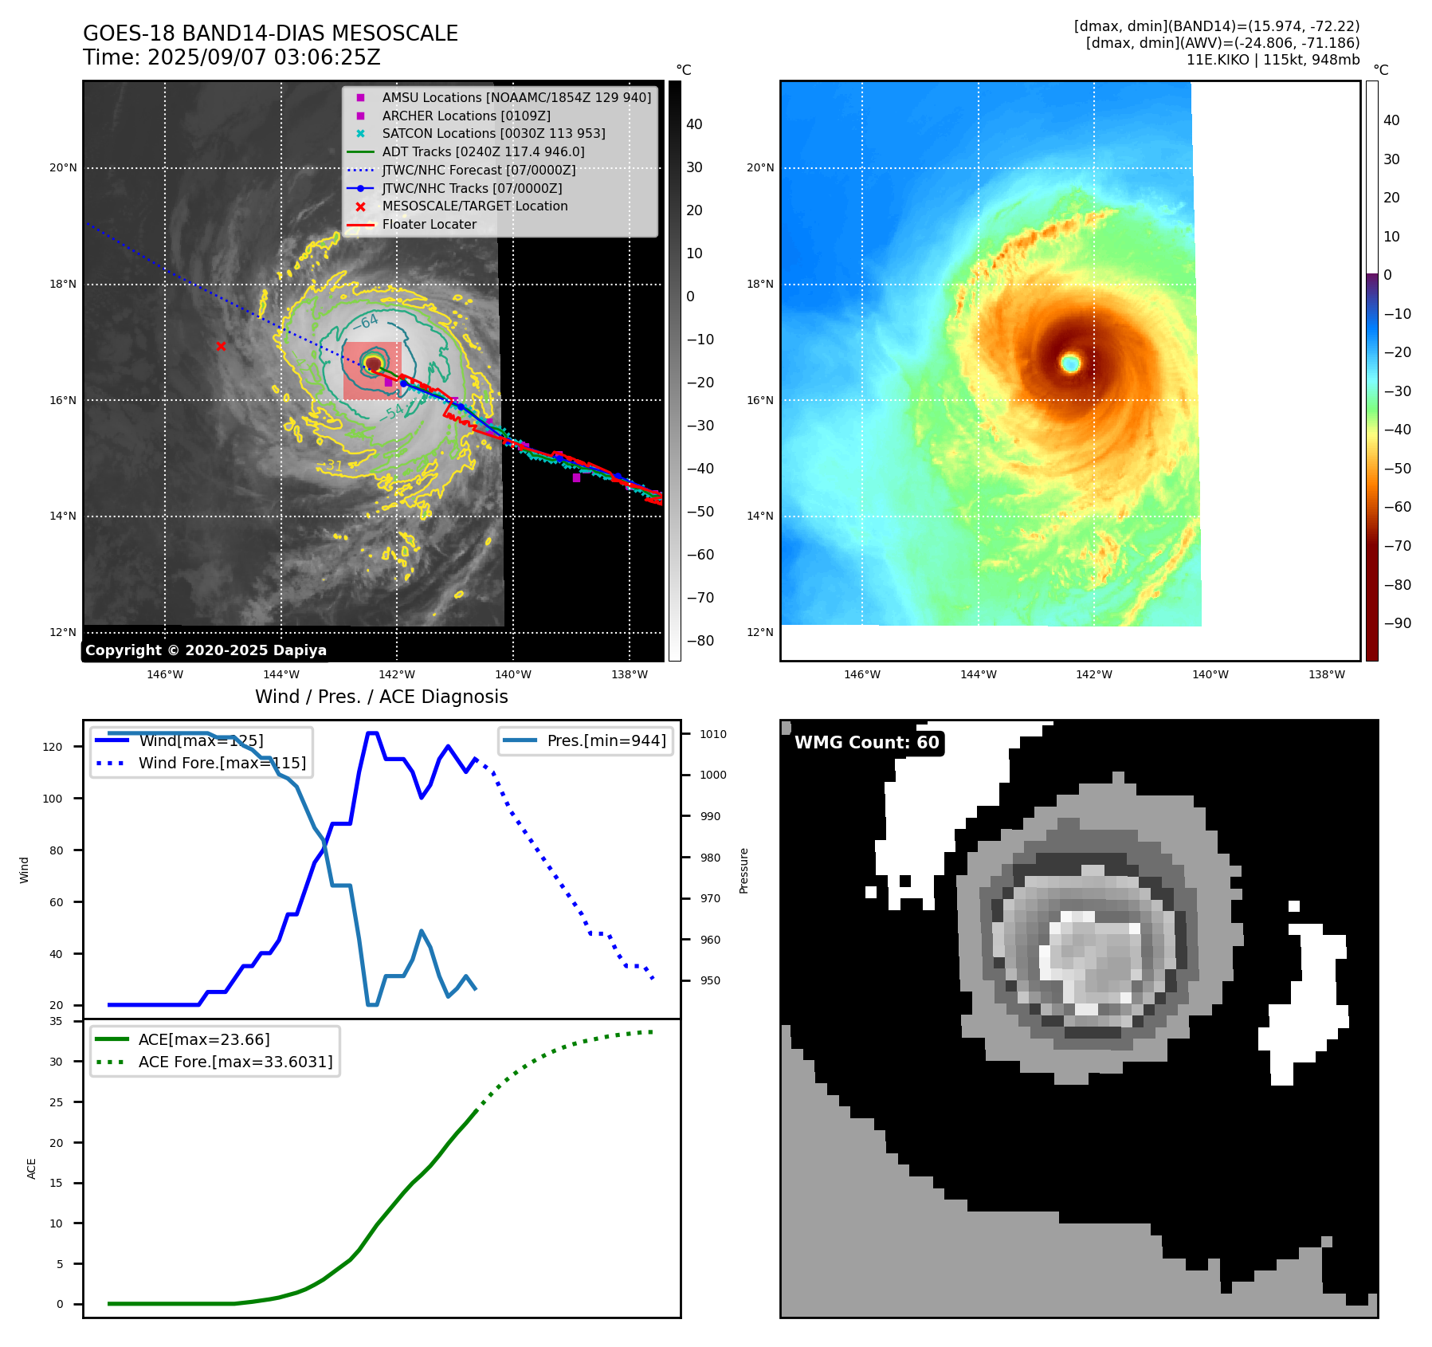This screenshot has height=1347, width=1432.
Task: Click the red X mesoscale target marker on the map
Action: click(x=221, y=346)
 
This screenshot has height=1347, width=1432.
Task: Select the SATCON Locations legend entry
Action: click(x=493, y=133)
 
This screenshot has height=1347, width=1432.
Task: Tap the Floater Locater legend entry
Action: click(x=429, y=224)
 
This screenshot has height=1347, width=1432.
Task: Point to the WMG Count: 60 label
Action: click(x=866, y=743)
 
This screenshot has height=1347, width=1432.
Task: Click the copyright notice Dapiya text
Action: click(x=206, y=650)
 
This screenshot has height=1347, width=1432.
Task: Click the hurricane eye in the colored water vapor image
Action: click(x=1070, y=363)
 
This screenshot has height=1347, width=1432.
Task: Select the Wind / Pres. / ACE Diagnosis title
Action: click(x=381, y=697)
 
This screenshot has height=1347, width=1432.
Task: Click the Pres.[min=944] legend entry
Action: click(x=606, y=740)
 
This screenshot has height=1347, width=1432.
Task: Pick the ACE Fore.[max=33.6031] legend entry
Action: click(x=235, y=1062)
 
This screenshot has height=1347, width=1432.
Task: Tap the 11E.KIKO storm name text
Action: click(x=1216, y=60)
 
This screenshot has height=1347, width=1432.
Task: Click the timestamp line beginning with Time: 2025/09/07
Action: click(x=232, y=57)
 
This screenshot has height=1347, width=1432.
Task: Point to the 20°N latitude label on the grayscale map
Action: click(x=63, y=167)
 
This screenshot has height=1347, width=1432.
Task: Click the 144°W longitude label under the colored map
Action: click(x=978, y=674)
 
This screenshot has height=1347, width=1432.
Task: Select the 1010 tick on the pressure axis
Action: click(x=713, y=734)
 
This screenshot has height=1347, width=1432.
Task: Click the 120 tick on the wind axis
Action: click(x=52, y=747)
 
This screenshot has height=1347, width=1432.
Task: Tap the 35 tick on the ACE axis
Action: click(x=56, y=1021)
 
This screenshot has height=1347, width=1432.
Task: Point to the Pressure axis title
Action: click(x=743, y=870)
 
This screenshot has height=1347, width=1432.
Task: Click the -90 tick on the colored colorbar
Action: click(x=1397, y=623)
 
